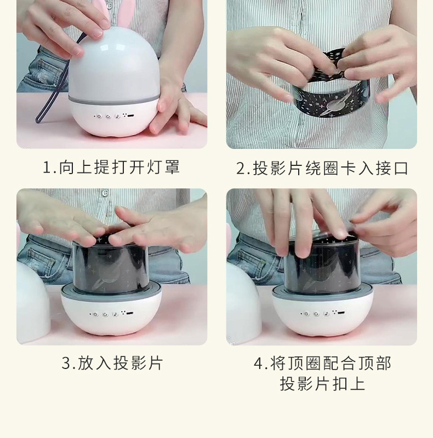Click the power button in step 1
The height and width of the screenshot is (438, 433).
tap(99, 116)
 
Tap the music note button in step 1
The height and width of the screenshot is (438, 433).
tap(117, 117)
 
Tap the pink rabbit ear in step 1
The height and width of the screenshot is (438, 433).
tap(123, 13)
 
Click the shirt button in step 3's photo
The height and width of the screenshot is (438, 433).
tap(105, 193)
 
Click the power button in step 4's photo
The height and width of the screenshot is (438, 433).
tap(306, 314)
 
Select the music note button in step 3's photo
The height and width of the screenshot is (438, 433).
tap(115, 314)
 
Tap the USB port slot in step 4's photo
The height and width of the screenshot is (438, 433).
tap(341, 313)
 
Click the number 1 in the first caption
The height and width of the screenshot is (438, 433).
tap(47, 168)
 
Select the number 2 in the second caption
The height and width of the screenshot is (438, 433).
tap(240, 169)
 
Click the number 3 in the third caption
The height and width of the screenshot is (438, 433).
tap(66, 363)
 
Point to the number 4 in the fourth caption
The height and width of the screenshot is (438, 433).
tap(259, 363)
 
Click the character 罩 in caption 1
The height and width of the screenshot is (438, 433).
tap(172, 167)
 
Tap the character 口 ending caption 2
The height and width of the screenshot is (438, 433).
tap(401, 169)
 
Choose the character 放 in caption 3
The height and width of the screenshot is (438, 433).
tap(85, 363)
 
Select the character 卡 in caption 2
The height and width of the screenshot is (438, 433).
tap(348, 168)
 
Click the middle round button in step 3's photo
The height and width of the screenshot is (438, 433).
tap(105, 314)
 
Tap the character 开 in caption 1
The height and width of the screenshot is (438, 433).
tap(137, 167)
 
